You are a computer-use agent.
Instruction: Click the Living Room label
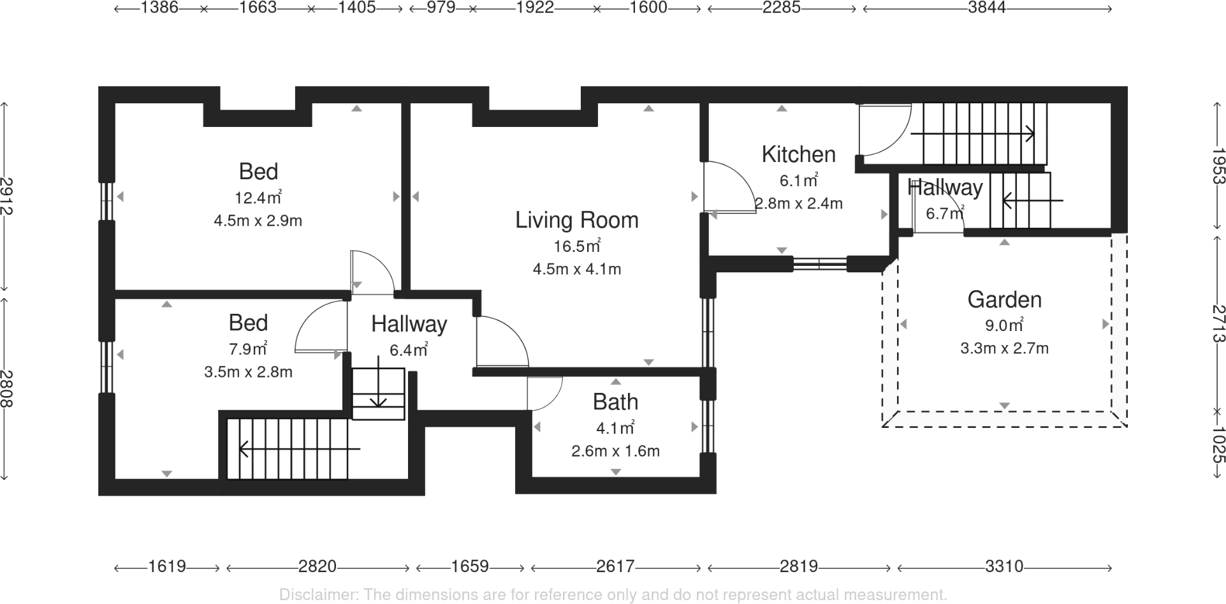576,220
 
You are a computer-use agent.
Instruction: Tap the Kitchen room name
798,154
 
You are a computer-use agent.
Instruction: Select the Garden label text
1004,300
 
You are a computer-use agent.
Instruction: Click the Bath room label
615,402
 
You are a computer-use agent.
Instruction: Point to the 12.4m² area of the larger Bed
258,198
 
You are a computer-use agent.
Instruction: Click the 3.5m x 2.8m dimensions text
248,372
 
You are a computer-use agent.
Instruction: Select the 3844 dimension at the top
986,8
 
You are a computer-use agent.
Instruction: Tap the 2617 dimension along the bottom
615,566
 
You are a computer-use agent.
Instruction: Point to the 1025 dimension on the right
1218,445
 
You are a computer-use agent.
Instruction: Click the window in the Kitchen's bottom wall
820,264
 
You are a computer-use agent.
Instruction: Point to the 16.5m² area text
576,246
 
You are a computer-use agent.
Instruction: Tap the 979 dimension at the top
441,8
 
